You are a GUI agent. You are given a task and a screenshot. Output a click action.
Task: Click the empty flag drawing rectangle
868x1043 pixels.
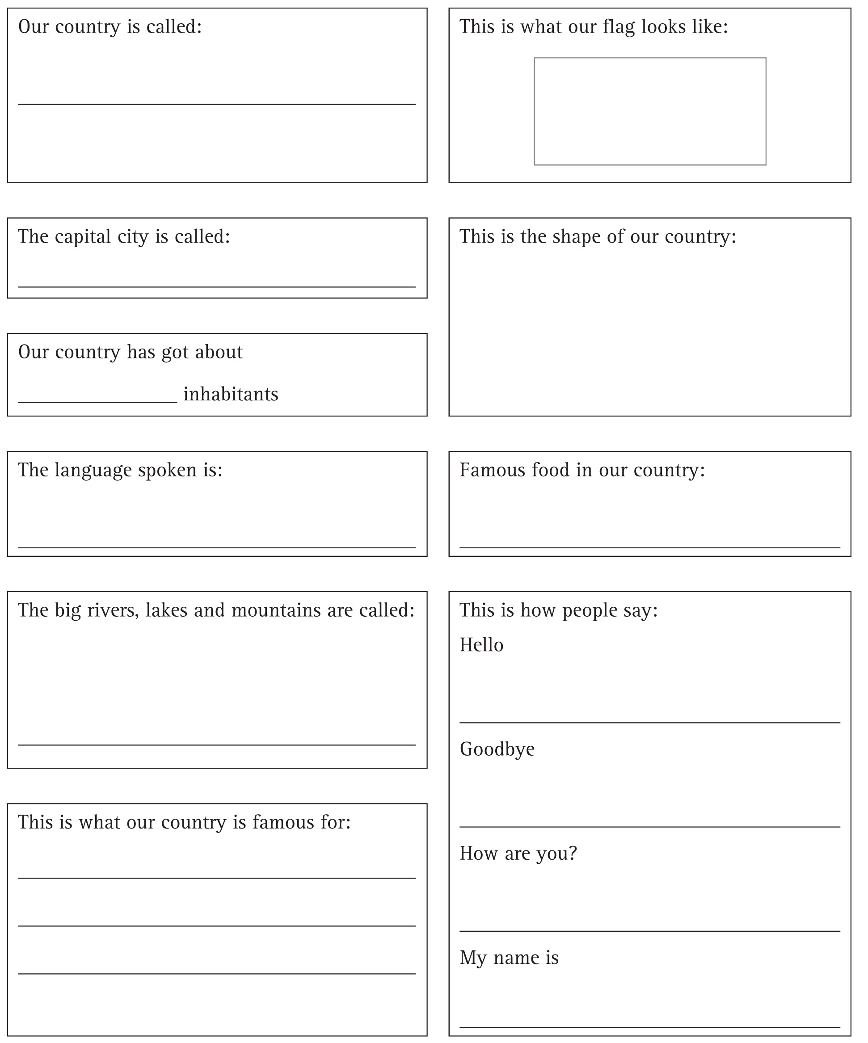click(649, 111)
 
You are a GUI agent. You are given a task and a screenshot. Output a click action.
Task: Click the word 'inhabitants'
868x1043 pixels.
click(231, 394)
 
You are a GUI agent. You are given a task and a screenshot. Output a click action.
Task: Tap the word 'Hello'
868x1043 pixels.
click(481, 645)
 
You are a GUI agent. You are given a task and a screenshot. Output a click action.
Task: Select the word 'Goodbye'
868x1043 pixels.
click(497, 749)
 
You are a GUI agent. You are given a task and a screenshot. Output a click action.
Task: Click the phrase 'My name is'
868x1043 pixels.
click(509, 958)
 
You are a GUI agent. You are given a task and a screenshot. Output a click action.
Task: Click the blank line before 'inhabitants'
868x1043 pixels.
click(97, 402)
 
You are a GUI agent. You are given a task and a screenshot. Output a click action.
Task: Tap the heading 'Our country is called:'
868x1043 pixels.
click(110, 27)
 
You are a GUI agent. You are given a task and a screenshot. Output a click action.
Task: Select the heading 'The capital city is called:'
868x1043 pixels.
click(124, 237)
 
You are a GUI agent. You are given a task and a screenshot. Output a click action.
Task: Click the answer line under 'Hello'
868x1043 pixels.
click(649, 723)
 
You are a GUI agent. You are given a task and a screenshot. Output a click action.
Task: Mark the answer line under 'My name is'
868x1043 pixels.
click(649, 1024)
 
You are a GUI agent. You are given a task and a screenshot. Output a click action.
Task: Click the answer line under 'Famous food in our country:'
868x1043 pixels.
click(649, 548)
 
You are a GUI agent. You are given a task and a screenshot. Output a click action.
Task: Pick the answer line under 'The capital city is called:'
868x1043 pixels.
click(217, 287)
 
